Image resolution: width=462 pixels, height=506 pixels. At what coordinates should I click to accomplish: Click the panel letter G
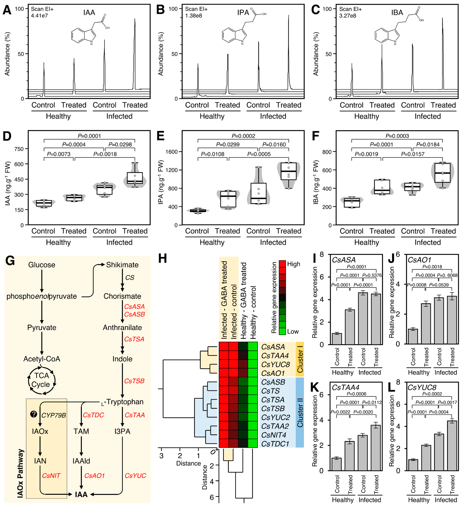[x=10, y=261]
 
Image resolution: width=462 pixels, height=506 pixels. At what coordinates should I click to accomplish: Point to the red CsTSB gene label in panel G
[x=134, y=381]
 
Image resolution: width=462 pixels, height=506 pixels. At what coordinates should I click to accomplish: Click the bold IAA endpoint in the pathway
[x=81, y=494]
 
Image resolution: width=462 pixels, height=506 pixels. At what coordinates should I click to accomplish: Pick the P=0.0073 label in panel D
[x=59, y=154]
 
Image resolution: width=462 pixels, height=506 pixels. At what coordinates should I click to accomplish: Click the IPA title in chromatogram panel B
[x=243, y=13]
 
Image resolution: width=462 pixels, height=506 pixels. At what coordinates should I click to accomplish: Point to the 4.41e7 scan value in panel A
[x=39, y=16]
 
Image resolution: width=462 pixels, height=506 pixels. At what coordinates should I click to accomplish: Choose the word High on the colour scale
[x=294, y=264]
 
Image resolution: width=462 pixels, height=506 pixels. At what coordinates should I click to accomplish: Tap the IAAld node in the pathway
[x=81, y=461]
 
